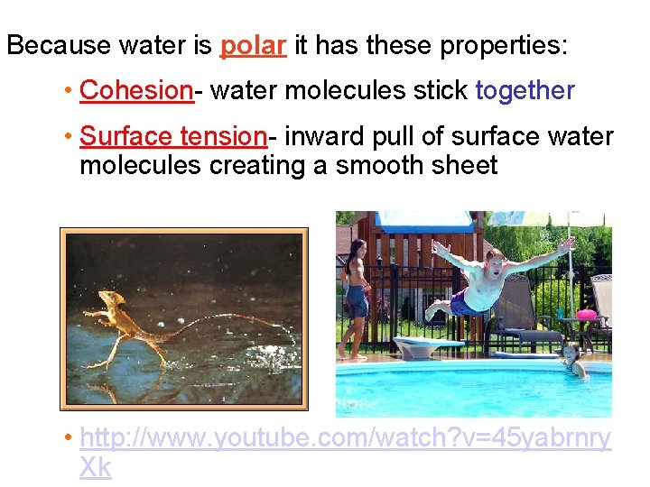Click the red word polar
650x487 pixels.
(254, 46)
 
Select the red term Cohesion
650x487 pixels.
(135, 90)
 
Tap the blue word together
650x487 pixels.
(525, 90)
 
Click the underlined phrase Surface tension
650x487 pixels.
(172, 137)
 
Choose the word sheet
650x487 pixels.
(465, 166)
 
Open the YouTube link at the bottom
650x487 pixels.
(343, 439)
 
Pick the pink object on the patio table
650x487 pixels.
(587, 314)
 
